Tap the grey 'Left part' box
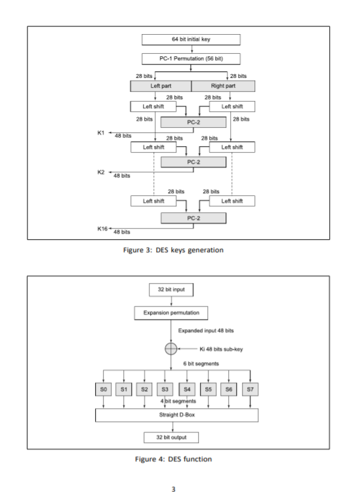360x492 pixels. click(161, 86)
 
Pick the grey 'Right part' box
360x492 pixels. click(223, 86)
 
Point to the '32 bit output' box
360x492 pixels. click(172, 436)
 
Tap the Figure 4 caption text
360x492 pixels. click(179, 459)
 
